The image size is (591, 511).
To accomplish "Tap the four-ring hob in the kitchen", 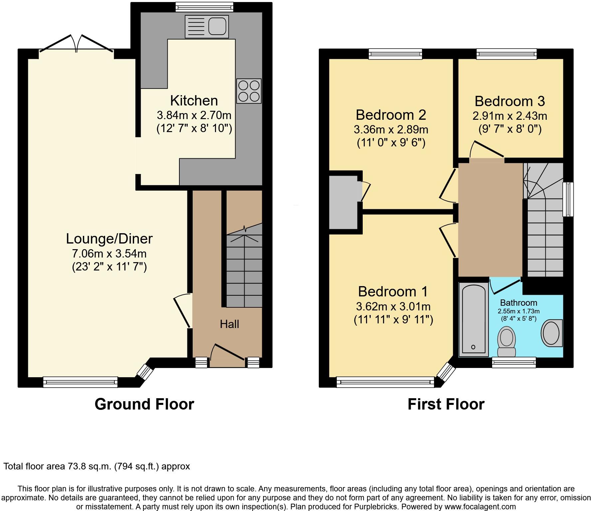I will (x=249, y=91).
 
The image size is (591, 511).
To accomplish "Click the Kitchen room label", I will (x=194, y=100).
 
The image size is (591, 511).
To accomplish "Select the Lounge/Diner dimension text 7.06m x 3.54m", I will (x=109, y=254).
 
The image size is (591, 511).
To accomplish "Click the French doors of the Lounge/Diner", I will (x=77, y=45).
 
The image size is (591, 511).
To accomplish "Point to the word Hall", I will (x=229, y=324).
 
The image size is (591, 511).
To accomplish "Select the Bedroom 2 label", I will (x=391, y=115).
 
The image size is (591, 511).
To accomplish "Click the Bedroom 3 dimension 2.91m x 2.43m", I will (x=509, y=116).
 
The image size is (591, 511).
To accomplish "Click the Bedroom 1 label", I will (x=393, y=291).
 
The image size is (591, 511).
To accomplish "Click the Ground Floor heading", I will (x=144, y=404).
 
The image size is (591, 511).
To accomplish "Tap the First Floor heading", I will (x=446, y=404).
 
